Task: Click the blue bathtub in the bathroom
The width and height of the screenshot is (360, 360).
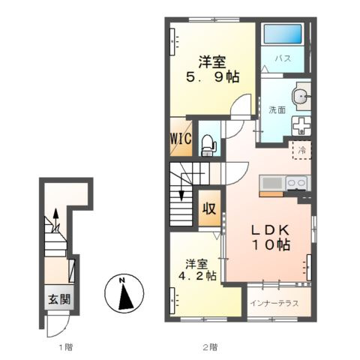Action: tap(283, 34)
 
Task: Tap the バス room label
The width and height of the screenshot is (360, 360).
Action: tap(283, 58)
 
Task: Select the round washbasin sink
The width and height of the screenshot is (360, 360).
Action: tap(300, 96)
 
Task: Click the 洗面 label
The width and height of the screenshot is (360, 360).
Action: tap(277, 109)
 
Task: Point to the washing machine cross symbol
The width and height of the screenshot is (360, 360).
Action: tap(301, 126)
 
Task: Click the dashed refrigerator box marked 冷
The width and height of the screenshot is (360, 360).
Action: tap(302, 150)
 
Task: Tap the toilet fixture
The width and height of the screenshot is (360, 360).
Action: tap(208, 145)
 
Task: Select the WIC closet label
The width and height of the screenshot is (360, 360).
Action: tap(181, 138)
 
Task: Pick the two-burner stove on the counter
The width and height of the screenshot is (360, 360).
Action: tap(297, 184)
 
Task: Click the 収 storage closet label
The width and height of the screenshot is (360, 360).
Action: tap(209, 208)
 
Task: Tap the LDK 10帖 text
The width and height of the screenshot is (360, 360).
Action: tap(270, 238)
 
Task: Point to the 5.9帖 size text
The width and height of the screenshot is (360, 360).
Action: tap(212, 76)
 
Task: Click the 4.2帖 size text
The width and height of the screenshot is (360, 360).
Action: tap(197, 276)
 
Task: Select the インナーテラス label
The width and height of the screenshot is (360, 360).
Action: tap(274, 303)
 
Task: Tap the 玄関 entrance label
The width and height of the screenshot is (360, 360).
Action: tap(59, 299)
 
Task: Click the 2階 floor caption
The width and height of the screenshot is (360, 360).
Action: tap(210, 347)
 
